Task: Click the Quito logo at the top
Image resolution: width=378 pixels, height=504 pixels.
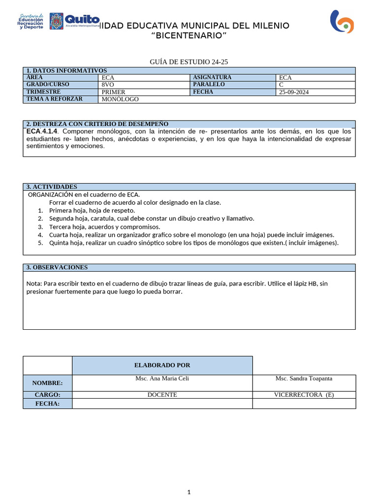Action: click(x=74, y=21)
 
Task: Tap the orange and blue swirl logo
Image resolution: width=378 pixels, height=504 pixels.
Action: click(x=342, y=22)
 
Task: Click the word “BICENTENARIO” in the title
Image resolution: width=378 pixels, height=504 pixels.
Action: click(x=189, y=35)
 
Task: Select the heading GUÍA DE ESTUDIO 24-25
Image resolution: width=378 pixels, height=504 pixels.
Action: click(x=189, y=62)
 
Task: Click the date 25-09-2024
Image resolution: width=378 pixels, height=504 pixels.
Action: click(x=294, y=92)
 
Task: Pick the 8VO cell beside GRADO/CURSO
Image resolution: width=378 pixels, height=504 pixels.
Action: click(x=108, y=85)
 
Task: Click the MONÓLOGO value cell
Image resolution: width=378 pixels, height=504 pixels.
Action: click(x=120, y=99)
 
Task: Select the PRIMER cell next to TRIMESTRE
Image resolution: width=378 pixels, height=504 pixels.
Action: click(x=113, y=92)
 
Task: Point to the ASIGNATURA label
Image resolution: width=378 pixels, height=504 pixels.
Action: click(x=212, y=77)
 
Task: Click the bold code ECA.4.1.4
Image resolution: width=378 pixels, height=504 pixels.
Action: click(x=42, y=131)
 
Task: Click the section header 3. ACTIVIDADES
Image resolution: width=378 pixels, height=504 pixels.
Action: click(x=52, y=187)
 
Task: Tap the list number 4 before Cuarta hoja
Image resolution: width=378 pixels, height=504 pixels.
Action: click(x=40, y=235)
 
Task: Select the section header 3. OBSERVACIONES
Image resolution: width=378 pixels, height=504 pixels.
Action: click(x=57, y=267)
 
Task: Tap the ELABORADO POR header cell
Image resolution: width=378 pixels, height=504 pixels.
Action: click(x=162, y=365)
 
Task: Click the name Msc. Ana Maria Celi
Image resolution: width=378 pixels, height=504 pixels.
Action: click(x=162, y=378)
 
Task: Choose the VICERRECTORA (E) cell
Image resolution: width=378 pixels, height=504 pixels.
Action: click(x=303, y=395)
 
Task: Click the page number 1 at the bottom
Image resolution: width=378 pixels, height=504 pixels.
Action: click(x=189, y=492)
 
